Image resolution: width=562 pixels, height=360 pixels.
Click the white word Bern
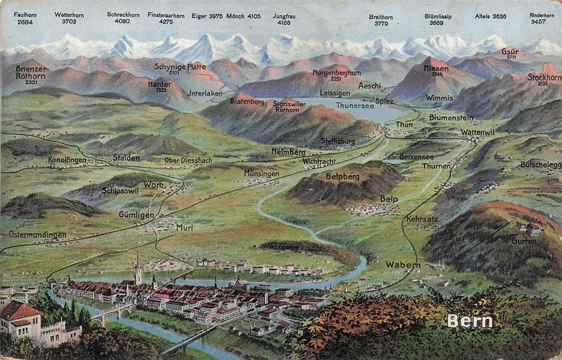(x=469, y=321)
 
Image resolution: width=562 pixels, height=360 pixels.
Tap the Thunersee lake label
(x=355, y=105)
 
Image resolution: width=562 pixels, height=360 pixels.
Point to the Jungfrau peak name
(x=284, y=16)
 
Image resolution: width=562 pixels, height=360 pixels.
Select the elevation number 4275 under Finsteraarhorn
(x=166, y=22)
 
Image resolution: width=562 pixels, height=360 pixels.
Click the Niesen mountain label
(x=436, y=68)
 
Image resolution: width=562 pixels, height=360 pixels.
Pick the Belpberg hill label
(x=342, y=176)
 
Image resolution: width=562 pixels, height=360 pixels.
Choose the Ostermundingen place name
(x=38, y=235)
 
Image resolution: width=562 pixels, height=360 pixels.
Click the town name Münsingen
(x=261, y=173)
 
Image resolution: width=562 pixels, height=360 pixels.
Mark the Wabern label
(x=403, y=265)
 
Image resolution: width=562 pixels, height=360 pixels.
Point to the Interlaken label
(x=205, y=93)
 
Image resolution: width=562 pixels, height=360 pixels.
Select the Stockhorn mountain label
(x=543, y=77)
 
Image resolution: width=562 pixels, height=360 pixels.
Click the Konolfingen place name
(x=67, y=160)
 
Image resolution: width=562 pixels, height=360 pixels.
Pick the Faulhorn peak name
(x=25, y=15)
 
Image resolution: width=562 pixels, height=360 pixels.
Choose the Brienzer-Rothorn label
(x=32, y=71)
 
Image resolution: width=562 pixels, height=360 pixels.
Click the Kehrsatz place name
(x=422, y=219)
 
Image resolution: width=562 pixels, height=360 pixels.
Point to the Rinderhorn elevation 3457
(x=538, y=22)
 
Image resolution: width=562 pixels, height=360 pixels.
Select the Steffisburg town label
(x=338, y=140)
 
